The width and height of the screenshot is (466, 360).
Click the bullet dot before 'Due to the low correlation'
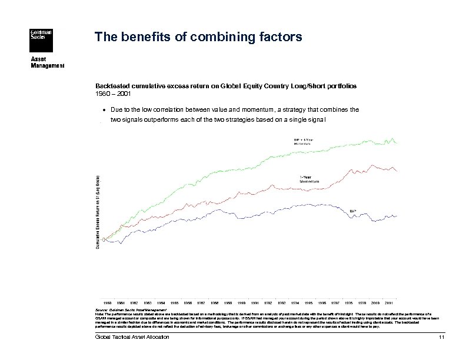104,109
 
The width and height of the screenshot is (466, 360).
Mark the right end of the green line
398,143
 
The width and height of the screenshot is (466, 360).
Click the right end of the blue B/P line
398,216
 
